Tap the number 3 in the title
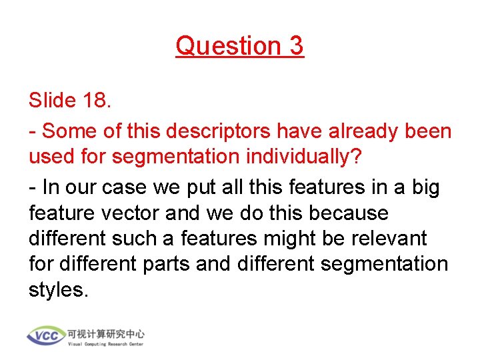(297, 46)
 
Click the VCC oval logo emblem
(46, 335)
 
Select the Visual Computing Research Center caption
(105, 344)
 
